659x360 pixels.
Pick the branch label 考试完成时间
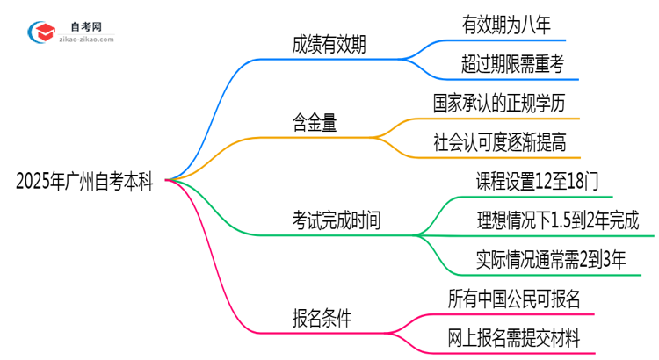tap(337, 220)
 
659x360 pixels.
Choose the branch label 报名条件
tap(322, 318)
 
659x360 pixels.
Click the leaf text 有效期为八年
tap(506, 25)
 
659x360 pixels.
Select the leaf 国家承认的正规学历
tap(505, 103)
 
